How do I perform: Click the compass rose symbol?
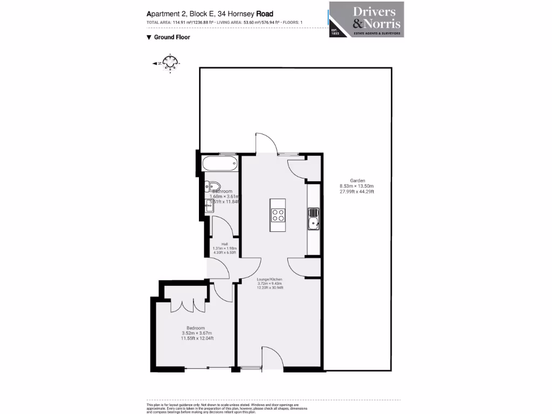point(170,64)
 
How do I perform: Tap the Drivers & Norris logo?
point(367,20)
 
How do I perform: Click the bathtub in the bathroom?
point(219,162)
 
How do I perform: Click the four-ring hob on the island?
point(278,215)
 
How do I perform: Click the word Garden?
point(357,181)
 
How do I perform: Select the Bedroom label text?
point(196,328)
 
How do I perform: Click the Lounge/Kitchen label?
point(270,279)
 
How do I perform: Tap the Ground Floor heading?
point(171,37)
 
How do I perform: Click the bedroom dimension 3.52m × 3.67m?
point(197,333)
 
